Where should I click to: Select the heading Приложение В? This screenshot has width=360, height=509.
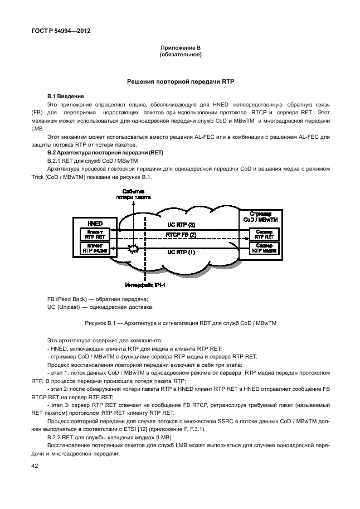click(x=180, y=49)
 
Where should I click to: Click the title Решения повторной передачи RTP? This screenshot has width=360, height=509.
click(x=180, y=81)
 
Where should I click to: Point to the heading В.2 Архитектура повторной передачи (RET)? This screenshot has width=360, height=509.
click(x=97, y=152)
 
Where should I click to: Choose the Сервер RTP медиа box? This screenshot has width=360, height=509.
click(x=264, y=248)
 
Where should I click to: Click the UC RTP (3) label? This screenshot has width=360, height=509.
click(x=181, y=225)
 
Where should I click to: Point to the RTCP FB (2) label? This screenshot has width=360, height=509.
click(x=181, y=235)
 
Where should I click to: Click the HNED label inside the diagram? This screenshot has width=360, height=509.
click(x=93, y=222)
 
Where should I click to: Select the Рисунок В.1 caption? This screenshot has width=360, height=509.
click(x=180, y=323)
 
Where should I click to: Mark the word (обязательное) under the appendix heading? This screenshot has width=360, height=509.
click(x=180, y=55)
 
